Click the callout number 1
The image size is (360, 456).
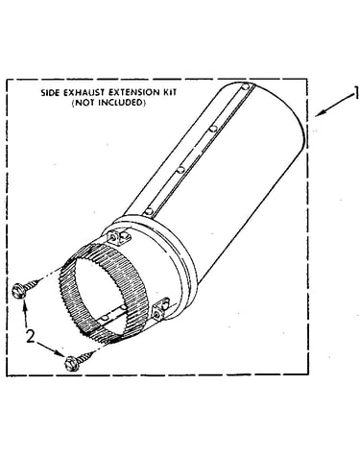(355, 95)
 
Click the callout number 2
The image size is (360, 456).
(30, 336)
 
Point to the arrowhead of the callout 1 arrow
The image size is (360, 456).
(320, 113)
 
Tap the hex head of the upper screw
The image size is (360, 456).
(18, 291)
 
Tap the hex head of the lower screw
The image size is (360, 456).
(71, 364)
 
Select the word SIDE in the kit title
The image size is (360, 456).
(50, 93)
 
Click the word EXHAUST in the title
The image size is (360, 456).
(84, 93)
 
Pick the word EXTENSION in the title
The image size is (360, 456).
(133, 92)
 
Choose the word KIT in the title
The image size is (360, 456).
(169, 92)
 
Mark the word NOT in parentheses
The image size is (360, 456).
(84, 103)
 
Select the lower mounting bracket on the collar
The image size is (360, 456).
(161, 309)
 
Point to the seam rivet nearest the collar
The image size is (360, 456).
(148, 211)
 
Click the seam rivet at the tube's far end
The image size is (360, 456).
(245, 86)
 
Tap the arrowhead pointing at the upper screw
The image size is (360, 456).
(24, 304)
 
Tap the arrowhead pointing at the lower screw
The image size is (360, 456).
(60, 353)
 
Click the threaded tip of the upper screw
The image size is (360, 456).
(39, 280)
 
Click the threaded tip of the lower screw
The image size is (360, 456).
(93, 352)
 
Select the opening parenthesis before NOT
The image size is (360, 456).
(74, 103)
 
